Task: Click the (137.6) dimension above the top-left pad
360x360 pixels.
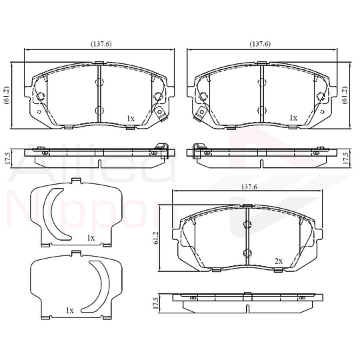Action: point(101,44)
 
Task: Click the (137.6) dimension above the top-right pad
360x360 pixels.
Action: point(260,44)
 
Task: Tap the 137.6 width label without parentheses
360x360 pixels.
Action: point(249,187)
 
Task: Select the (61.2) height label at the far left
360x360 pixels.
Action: point(7,95)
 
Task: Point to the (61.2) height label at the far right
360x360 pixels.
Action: point(345,95)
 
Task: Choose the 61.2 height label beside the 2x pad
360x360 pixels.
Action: point(157,238)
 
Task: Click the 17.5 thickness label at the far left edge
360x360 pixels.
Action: point(7,159)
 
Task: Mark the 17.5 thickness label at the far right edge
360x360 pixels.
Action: point(345,159)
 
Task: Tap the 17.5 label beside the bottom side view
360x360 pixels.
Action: point(155,303)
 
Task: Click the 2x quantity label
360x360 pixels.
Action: point(279,261)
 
